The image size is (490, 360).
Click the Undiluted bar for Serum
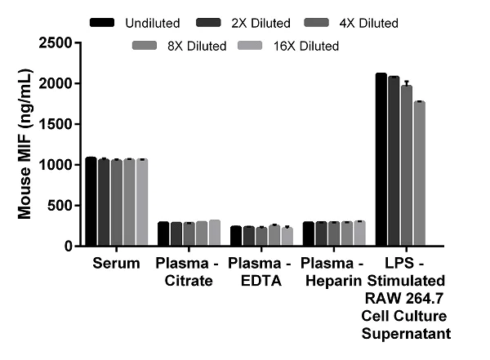tap(91, 201)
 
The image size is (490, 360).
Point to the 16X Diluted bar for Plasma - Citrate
tap(215, 233)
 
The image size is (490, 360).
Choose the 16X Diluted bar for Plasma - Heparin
tap(360, 233)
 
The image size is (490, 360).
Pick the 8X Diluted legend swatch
tap(145, 46)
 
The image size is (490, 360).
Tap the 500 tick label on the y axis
tap(59, 205)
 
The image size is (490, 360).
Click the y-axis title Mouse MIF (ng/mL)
tap(25, 144)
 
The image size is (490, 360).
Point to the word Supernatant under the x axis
tap(407, 334)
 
